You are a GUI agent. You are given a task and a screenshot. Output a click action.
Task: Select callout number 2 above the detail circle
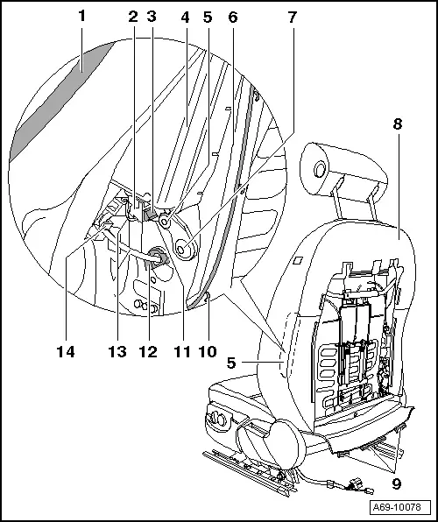click(132, 17)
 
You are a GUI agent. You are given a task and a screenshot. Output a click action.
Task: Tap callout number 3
click(152, 17)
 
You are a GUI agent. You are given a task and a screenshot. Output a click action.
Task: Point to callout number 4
click(184, 17)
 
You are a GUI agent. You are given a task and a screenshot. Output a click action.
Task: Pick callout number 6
click(232, 17)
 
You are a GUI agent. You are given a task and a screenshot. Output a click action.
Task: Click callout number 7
click(292, 17)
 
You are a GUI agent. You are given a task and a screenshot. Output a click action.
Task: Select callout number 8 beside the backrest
click(398, 125)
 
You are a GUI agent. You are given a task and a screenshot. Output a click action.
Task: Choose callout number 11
click(180, 353)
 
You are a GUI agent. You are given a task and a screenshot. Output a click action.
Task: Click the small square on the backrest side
click(298, 259)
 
